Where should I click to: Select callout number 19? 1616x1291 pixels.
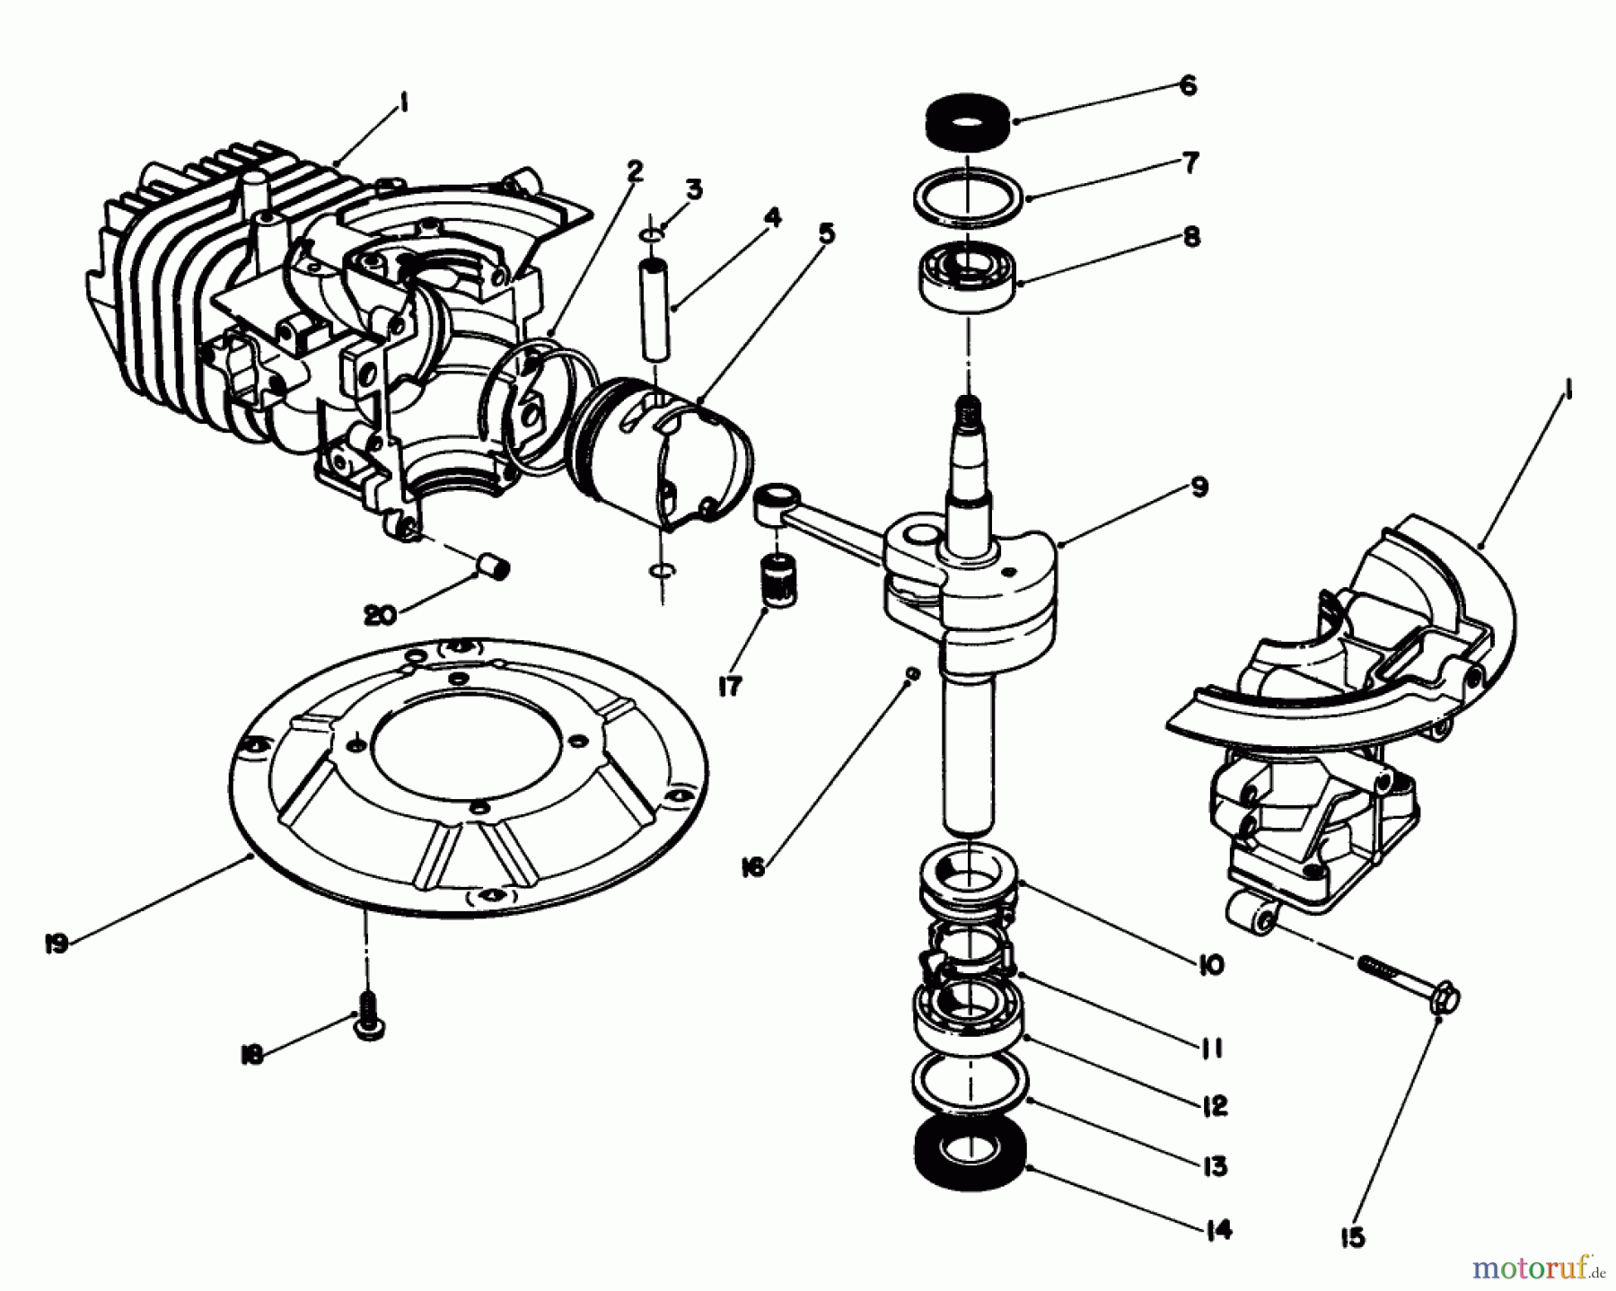(x=56, y=944)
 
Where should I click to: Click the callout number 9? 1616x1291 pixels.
(x=1199, y=487)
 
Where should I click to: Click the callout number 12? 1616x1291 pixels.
(x=1213, y=1106)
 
